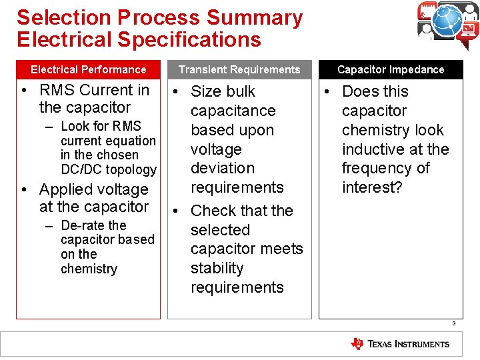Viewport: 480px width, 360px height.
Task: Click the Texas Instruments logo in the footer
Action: tap(400, 344)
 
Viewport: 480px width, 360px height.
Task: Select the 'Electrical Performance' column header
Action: tap(89, 69)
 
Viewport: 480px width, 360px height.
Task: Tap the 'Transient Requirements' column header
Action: tap(239, 69)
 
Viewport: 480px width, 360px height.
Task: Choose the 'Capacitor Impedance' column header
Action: tap(391, 69)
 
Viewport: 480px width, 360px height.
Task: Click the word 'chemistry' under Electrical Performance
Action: tap(89, 269)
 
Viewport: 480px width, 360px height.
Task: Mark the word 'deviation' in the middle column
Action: tap(223, 168)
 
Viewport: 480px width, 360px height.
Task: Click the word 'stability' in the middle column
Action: tap(217, 268)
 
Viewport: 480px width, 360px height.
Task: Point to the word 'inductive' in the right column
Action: tap(374, 149)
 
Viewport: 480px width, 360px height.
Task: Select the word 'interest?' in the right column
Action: tap(372, 187)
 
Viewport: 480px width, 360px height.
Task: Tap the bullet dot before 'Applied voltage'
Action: tap(23, 190)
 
